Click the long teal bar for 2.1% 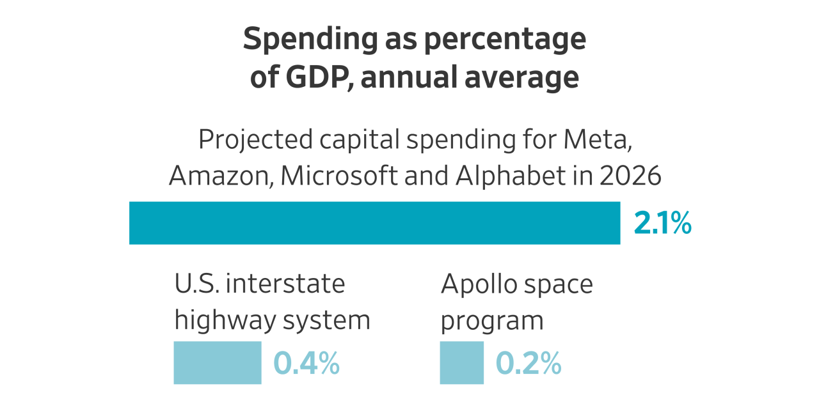click(x=374, y=223)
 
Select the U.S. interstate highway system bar click(x=218, y=362)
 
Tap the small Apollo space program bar click(x=461, y=362)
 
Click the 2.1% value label click(x=662, y=224)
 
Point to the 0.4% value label click(x=306, y=363)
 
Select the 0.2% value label click(x=529, y=363)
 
